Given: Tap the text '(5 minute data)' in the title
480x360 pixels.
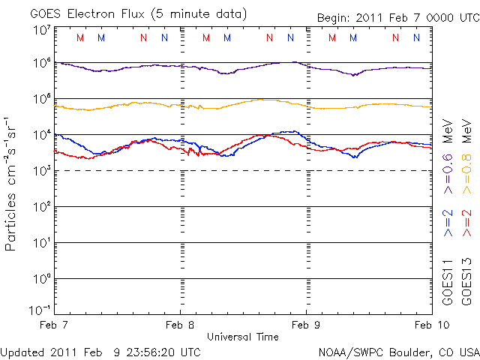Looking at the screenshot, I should tap(198, 13).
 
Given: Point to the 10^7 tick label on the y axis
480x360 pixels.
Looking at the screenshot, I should tap(40, 31).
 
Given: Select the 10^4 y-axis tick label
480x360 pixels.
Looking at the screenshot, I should tap(40, 135).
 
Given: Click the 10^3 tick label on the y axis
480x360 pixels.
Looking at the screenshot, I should tap(40, 171).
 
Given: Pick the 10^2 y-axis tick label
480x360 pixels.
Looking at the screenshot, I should tap(40, 207).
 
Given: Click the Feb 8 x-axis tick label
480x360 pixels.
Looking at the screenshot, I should tap(180, 325).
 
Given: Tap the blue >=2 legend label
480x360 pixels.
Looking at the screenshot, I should tap(448, 223).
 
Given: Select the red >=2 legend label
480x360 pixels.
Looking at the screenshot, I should tap(466, 223).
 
